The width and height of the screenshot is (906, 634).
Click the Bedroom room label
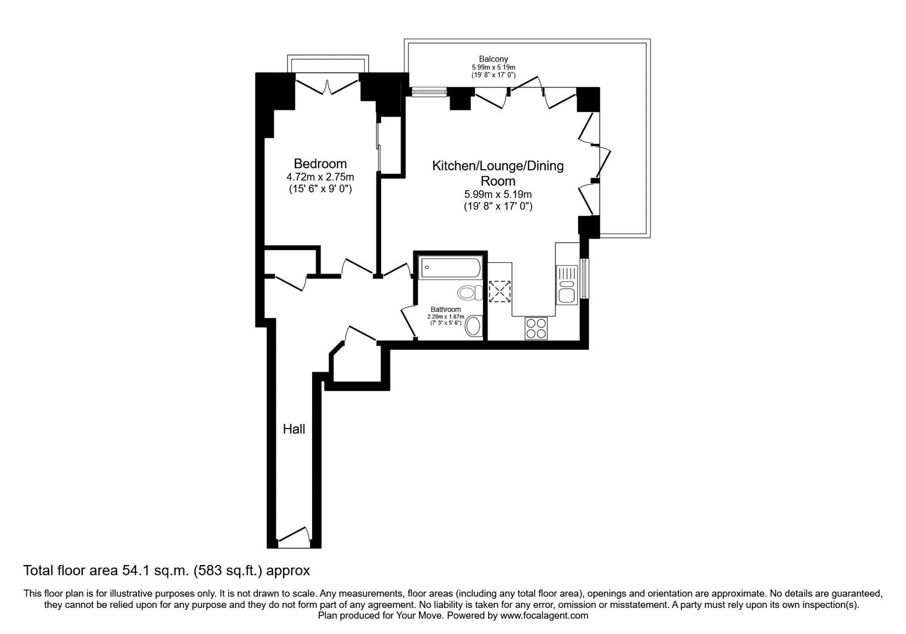[320, 164]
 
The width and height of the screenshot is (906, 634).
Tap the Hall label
[294, 429]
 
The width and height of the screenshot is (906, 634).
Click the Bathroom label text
[445, 310]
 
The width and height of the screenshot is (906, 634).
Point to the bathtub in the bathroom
[450, 267]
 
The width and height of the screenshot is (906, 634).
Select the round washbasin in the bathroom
[473, 326]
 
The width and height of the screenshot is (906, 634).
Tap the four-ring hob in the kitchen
[536, 328]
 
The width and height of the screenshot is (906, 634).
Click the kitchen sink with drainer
[567, 284]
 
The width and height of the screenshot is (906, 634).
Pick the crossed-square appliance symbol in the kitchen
[499, 292]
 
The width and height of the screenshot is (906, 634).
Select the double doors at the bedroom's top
[327, 87]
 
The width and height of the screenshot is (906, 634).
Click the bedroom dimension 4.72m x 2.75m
[320, 177]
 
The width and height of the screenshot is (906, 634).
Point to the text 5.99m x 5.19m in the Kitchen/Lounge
[498, 195]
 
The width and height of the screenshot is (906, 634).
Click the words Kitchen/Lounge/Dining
[498, 166]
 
